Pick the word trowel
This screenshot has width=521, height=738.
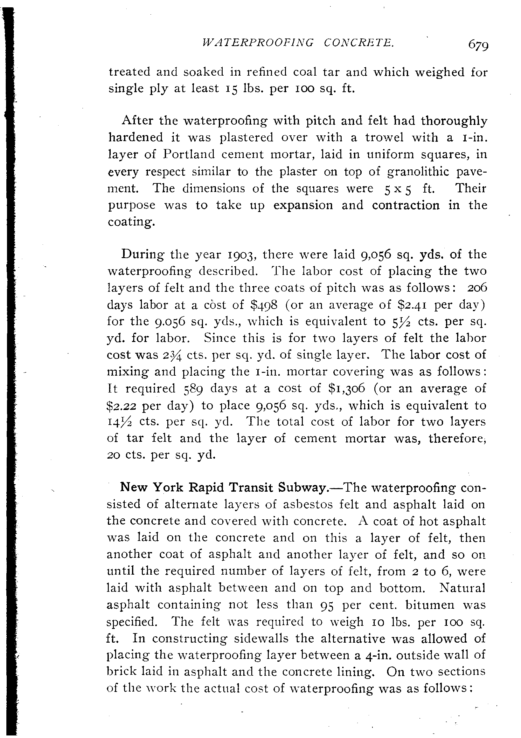tap(384, 138)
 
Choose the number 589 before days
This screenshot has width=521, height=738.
tap(193, 389)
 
